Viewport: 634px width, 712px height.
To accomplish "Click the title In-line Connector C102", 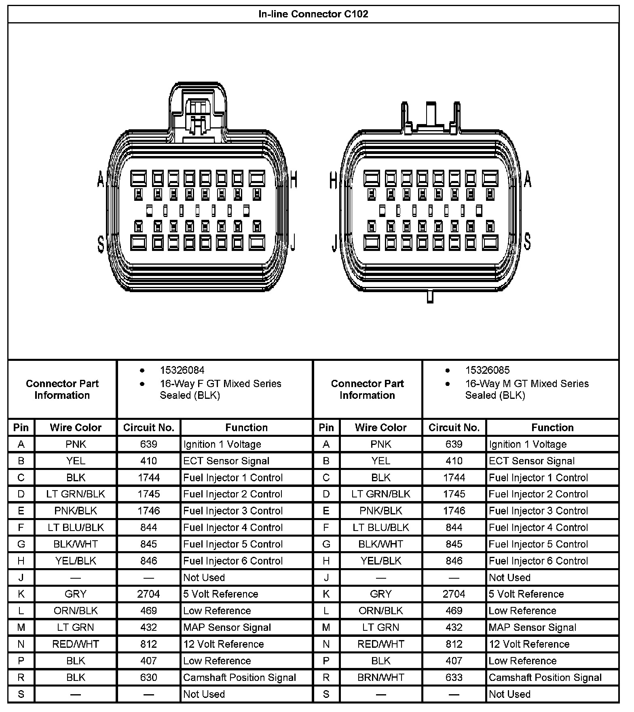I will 313,14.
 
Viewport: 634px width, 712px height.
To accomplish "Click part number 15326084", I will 182,370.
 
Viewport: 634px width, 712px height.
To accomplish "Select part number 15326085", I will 487,370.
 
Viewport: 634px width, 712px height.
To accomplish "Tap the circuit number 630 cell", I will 148,677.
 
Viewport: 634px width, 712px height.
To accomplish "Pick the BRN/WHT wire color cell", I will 380,677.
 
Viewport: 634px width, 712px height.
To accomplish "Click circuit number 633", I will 454,677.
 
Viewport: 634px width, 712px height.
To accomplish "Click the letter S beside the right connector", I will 527,240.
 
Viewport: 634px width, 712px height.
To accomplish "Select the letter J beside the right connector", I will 334,242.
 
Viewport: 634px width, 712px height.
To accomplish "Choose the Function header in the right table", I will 552,428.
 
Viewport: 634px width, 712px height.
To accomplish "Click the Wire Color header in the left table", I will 76,428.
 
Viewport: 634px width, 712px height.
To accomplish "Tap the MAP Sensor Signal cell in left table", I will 227,628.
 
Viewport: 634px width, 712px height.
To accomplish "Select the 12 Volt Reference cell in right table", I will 529,644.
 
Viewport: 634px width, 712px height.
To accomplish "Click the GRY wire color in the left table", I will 76,594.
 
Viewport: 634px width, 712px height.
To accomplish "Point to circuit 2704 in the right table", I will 454,594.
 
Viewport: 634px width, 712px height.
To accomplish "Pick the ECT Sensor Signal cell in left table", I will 226,461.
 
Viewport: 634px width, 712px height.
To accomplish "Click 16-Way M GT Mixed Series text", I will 526,383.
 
